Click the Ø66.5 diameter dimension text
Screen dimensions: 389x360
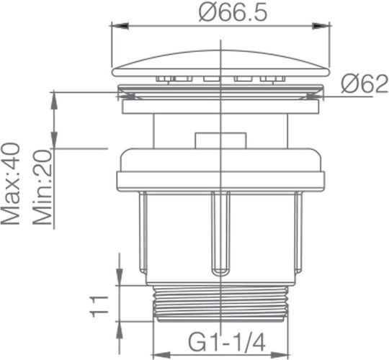233,12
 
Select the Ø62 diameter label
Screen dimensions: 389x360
365,84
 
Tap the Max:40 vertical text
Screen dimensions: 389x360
10,184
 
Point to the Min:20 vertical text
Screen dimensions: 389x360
43,187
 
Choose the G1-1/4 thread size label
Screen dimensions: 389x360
227,342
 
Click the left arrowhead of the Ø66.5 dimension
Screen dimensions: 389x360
120,26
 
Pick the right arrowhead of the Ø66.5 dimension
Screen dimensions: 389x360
321,26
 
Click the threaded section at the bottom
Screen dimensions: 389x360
221,304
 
